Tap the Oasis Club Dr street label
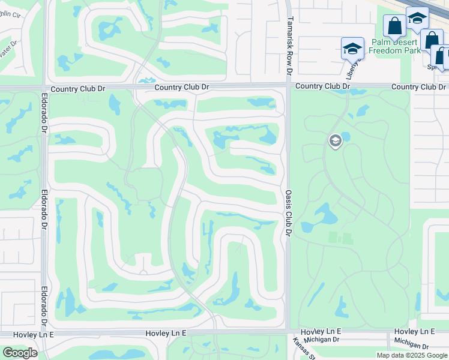click(x=288, y=210)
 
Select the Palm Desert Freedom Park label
click(x=395, y=47)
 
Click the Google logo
click(x=20, y=353)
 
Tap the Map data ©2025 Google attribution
click(x=411, y=355)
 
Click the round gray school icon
click(x=335, y=141)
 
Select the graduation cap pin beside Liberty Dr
click(x=352, y=48)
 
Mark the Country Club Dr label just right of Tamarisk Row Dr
click(x=322, y=86)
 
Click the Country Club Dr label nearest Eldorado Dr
click(x=78, y=89)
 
